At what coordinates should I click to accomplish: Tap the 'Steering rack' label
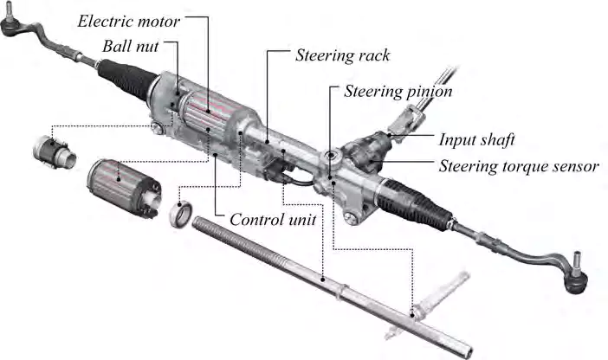(x=343, y=55)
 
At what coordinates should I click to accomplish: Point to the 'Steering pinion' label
(x=398, y=90)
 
